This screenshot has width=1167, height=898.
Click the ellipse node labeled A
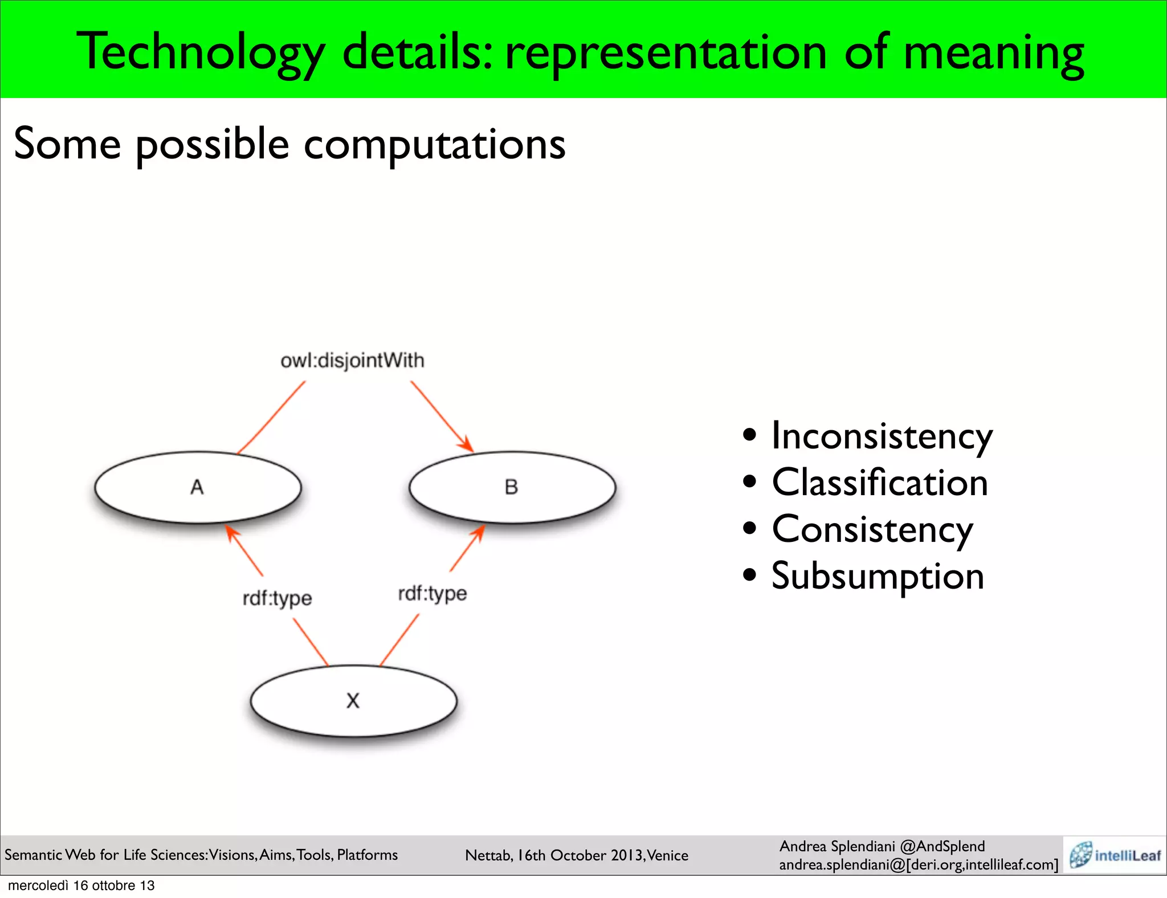[197, 487]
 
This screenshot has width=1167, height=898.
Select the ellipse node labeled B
[512, 487]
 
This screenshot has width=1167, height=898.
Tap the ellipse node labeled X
[353, 700]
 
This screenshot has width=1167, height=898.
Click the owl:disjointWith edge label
[352, 361]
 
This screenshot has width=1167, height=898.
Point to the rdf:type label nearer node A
[277, 598]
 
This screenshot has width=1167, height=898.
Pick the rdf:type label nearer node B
[432, 594]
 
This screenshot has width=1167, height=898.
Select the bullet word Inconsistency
[882, 436]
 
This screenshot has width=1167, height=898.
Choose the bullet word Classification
[879, 483]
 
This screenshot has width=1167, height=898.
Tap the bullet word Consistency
[872, 530]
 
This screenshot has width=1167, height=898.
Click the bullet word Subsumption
[878, 576]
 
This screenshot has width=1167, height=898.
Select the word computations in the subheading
[434, 144]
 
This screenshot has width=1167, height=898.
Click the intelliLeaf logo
[1115, 855]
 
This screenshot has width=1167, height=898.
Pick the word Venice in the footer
[667, 855]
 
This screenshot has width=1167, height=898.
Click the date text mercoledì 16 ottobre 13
[81, 885]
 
